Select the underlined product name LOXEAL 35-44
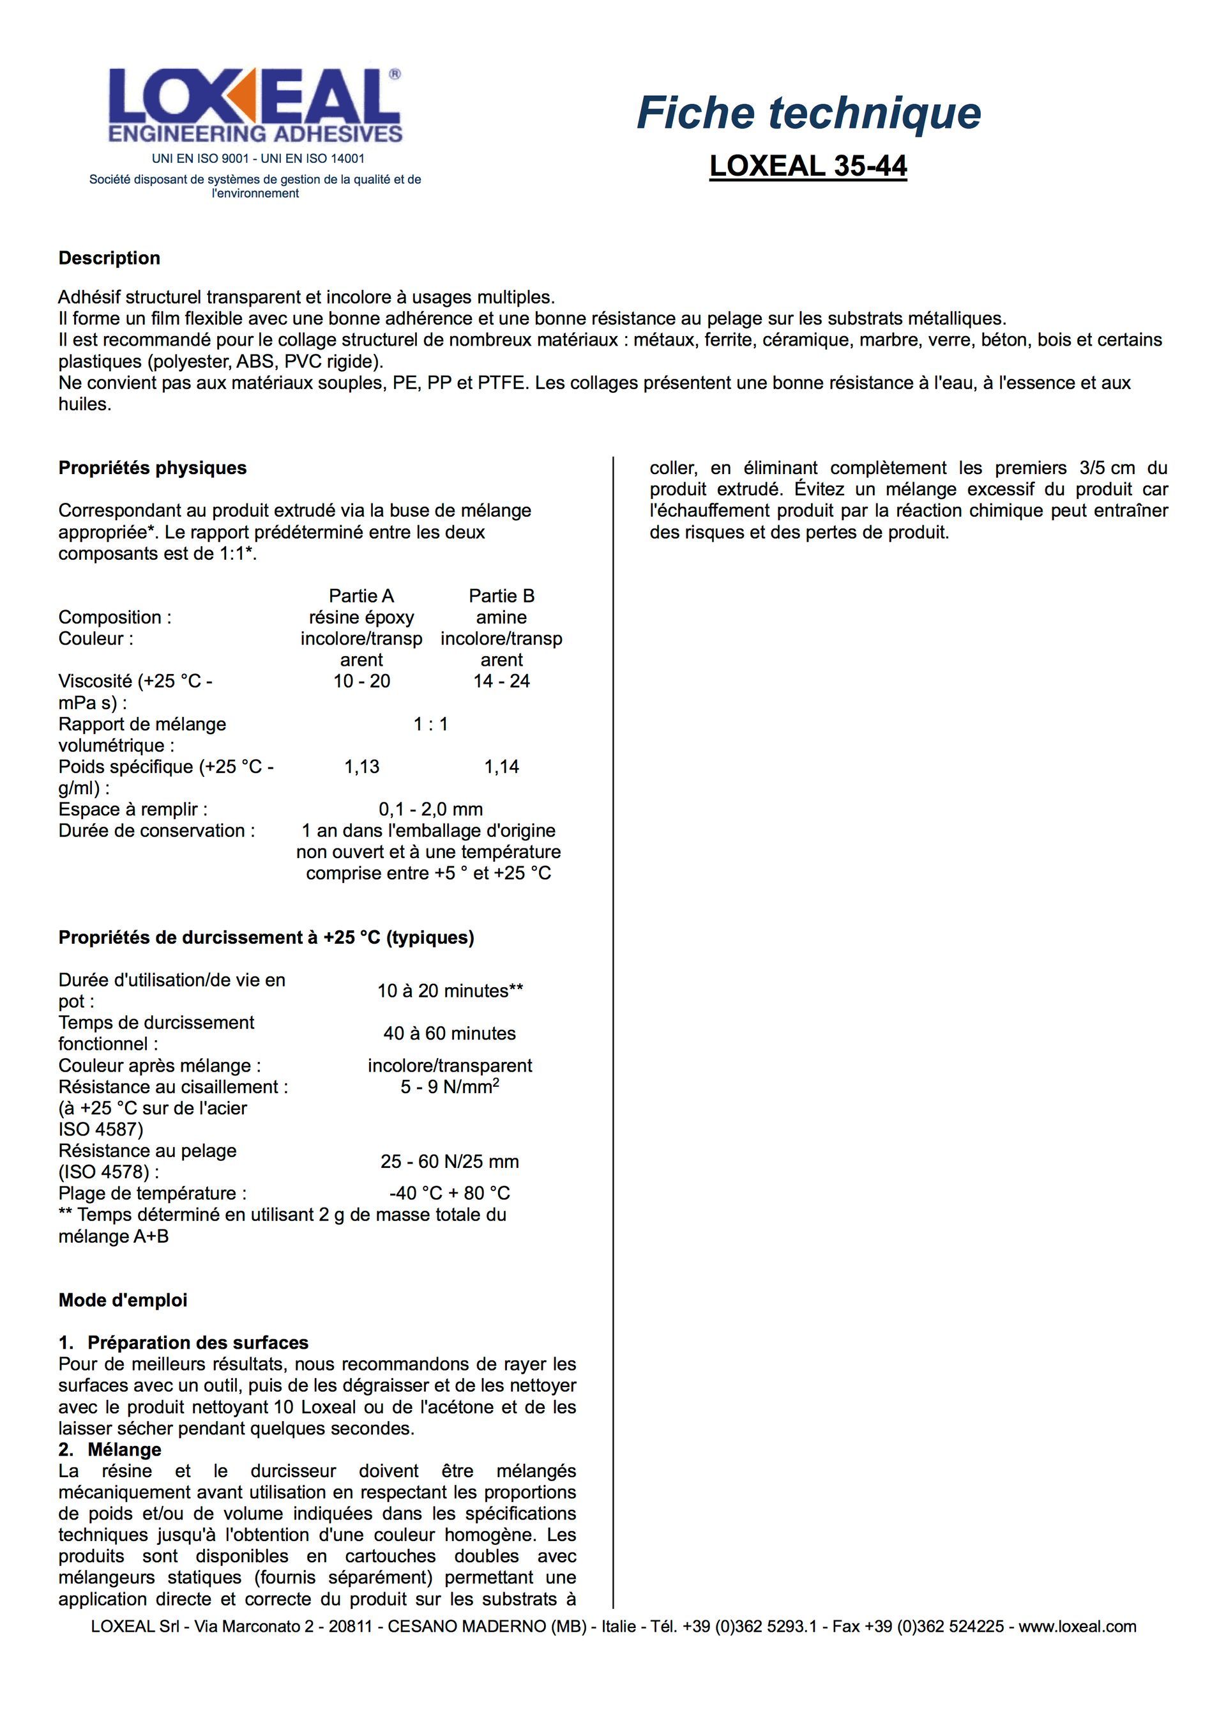pyautogui.click(x=808, y=165)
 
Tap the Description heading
pyautogui.click(x=110, y=258)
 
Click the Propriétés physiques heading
pyautogui.click(x=153, y=468)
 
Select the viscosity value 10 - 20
pyautogui.click(x=361, y=681)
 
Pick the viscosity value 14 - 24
pyautogui.click(x=501, y=681)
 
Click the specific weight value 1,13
pyautogui.click(x=361, y=767)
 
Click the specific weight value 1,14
pyautogui.click(x=501, y=767)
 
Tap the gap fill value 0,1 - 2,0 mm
pyautogui.click(x=430, y=810)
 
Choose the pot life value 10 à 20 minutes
pyautogui.click(x=450, y=990)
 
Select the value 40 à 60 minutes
pyautogui.click(x=450, y=1034)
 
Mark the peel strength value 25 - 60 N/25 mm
pyautogui.click(x=450, y=1162)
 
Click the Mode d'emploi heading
pyautogui.click(x=123, y=1300)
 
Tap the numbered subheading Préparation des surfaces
pyautogui.click(x=197, y=1343)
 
